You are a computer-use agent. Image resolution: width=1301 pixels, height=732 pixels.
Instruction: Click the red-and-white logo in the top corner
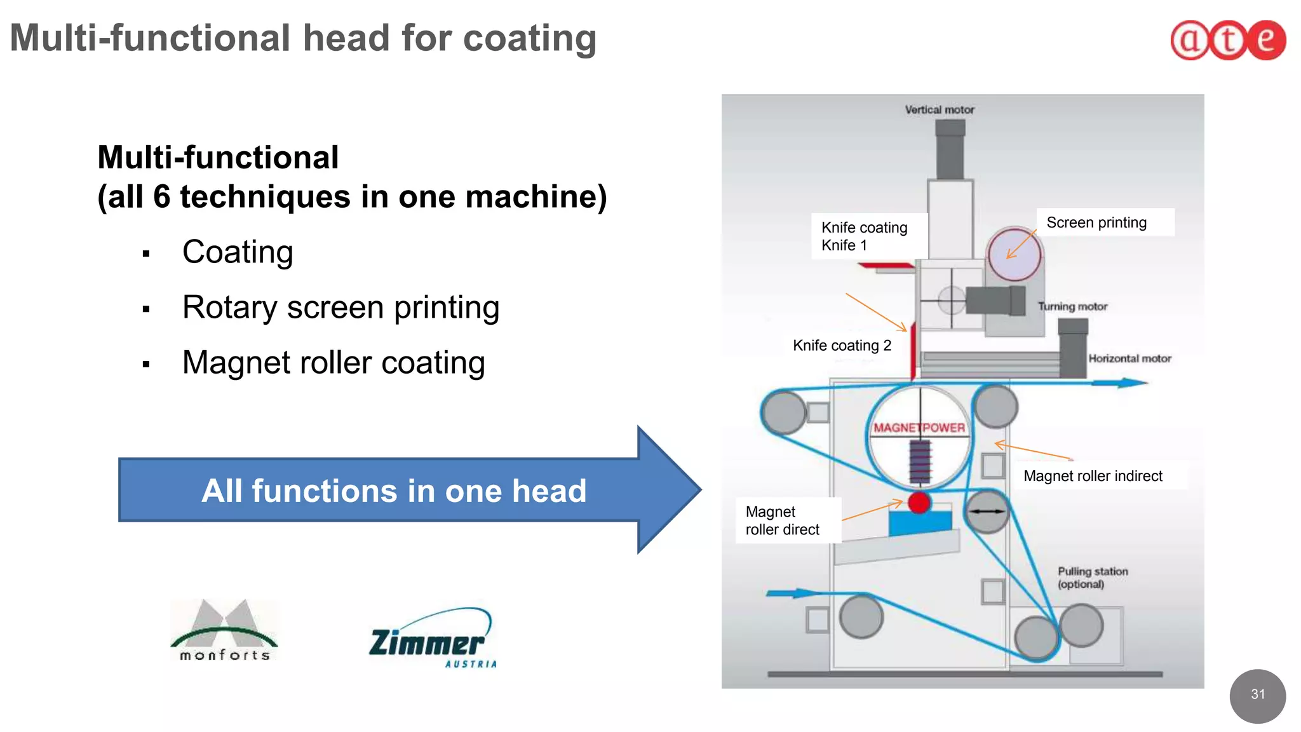point(1228,40)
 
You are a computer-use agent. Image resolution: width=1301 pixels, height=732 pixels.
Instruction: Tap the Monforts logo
point(224,631)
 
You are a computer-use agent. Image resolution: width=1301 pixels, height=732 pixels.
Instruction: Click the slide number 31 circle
point(1257,695)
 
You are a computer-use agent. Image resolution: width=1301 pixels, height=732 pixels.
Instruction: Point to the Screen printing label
point(1096,223)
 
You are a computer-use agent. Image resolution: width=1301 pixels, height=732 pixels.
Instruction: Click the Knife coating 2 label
point(842,346)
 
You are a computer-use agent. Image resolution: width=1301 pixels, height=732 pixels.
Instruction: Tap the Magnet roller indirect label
point(1093,476)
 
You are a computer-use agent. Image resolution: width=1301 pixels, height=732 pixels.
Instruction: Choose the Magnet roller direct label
point(783,520)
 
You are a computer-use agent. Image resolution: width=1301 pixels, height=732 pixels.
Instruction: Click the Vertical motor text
point(940,110)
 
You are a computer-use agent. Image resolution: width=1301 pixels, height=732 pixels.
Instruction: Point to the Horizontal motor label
point(1129,358)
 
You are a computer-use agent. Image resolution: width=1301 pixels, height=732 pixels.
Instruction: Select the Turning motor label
point(1072,306)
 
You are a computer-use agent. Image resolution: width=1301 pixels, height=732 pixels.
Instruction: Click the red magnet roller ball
point(919,503)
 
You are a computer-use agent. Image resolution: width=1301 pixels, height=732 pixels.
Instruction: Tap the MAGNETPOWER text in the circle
point(919,428)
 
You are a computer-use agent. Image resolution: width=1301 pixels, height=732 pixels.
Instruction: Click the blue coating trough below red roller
point(920,522)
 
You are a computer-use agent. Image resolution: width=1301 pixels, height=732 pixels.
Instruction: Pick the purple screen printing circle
point(1015,254)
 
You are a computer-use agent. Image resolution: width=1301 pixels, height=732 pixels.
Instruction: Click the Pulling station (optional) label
point(1092,578)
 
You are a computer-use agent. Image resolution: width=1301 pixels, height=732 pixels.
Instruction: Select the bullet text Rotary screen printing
point(340,308)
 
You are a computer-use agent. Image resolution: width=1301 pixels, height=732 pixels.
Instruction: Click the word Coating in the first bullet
point(238,252)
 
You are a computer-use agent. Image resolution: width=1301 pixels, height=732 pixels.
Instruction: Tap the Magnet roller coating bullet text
point(334,363)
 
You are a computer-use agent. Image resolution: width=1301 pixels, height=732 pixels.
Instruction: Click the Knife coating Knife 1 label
point(864,236)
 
